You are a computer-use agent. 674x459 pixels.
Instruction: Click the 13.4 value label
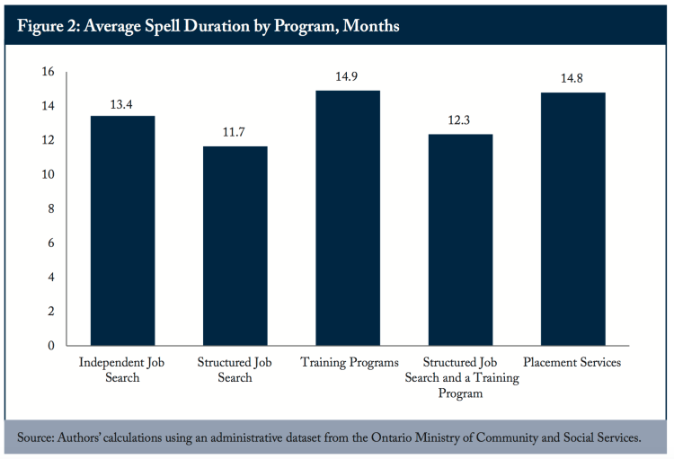point(123,104)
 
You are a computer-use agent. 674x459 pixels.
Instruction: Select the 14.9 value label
point(347,78)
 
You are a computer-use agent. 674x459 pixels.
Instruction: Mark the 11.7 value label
point(235,133)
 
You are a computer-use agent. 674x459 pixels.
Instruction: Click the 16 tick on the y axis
point(47,72)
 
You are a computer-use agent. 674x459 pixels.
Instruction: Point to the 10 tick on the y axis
point(47,174)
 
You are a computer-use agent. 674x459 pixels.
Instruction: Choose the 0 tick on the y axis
point(50,346)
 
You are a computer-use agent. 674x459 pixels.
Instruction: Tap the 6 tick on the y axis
point(50,243)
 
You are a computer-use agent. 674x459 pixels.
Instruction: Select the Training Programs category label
point(347,363)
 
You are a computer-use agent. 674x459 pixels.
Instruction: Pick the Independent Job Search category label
point(123,370)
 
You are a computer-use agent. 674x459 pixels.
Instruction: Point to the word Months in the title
point(368,26)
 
